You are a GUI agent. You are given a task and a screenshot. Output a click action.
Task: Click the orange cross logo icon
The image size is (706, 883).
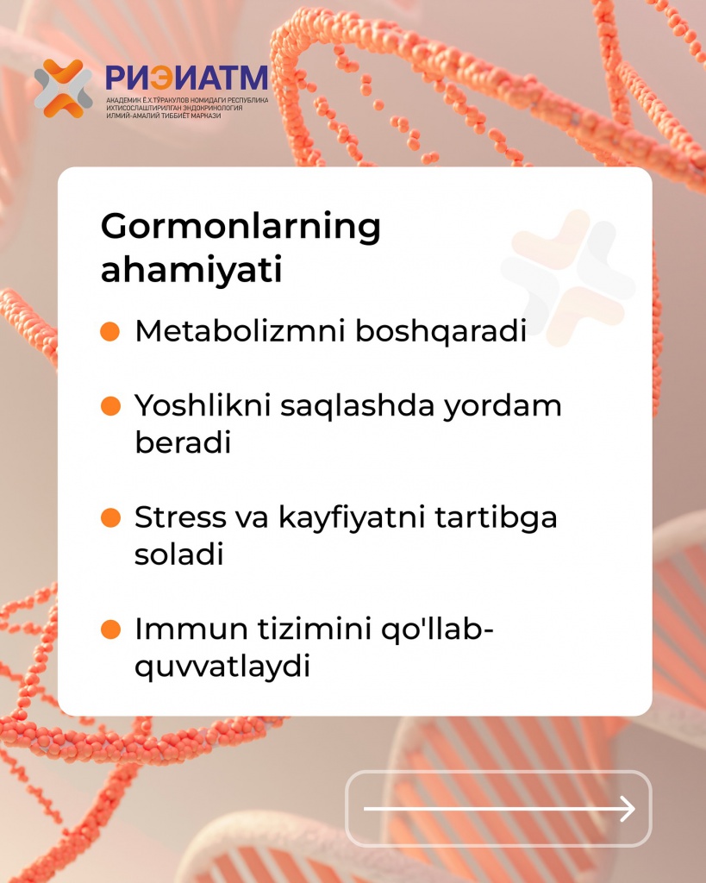[64, 89]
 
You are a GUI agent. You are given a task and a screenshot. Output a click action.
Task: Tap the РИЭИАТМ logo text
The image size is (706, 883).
[187, 78]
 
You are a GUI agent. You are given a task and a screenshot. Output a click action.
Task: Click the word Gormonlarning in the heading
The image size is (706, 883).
[241, 228]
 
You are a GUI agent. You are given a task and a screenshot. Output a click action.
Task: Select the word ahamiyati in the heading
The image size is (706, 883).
[191, 269]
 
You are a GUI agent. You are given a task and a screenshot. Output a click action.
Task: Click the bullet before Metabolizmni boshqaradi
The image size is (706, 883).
[110, 331]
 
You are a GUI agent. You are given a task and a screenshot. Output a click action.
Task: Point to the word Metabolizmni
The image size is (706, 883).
[240, 330]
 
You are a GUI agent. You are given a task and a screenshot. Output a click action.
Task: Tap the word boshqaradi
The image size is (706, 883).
[440, 331]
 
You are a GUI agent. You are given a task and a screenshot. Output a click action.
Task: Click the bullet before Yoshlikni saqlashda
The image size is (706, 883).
[110, 406]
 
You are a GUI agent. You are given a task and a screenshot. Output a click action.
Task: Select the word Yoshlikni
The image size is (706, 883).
[203, 405]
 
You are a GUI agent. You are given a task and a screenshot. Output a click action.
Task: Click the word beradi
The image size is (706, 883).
[183, 442]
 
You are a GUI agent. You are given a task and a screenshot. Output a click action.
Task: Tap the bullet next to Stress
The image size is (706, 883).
[110, 517]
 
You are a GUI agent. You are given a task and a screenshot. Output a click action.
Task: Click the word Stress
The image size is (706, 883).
[181, 517]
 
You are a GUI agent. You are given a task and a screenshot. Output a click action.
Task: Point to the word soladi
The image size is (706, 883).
[179, 554]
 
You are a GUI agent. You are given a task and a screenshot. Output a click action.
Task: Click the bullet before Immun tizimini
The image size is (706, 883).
[110, 629]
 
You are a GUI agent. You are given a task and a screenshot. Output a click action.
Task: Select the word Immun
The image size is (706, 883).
[191, 629]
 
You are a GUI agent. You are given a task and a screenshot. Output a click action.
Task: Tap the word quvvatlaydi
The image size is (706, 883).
[222, 667]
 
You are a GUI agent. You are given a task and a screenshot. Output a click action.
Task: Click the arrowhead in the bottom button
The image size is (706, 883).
[628, 809]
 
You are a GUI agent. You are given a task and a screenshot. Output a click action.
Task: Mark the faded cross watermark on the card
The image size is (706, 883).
[568, 277]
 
